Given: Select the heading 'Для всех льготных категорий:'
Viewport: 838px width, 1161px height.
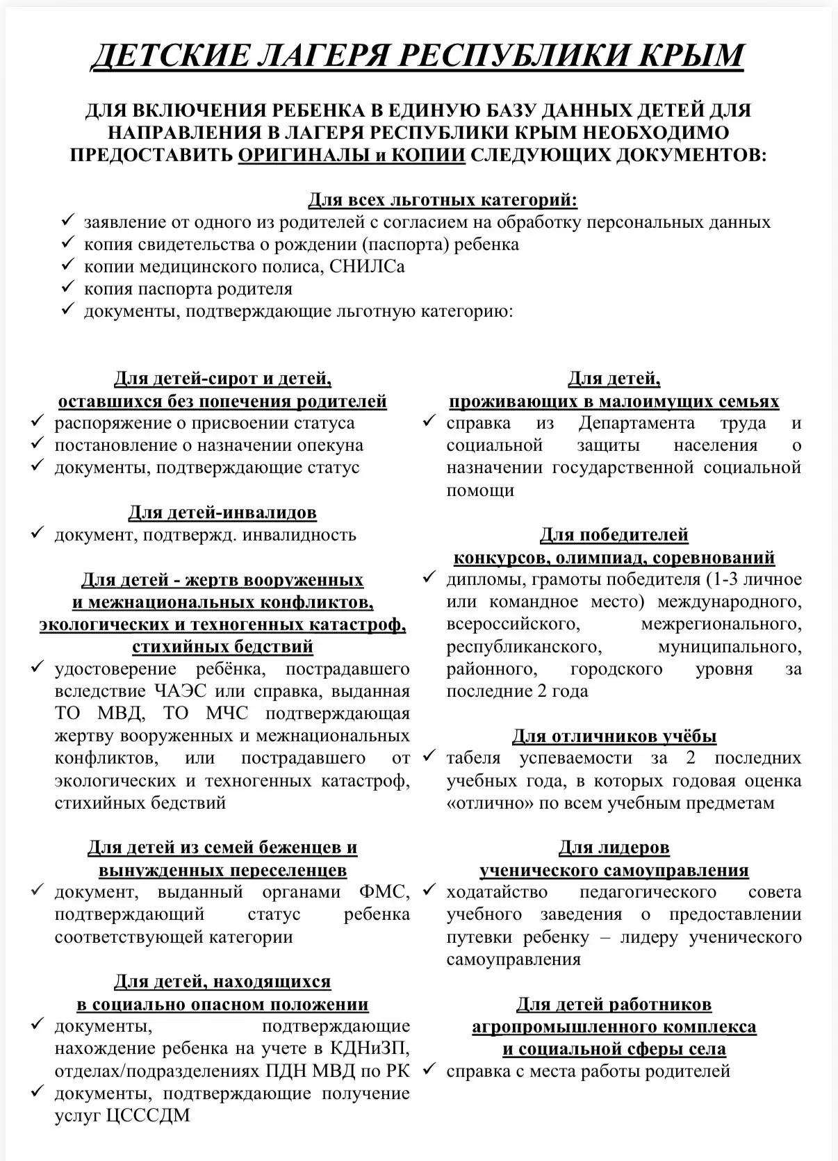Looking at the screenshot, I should click(443, 200).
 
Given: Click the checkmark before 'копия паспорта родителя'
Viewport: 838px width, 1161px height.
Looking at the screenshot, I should click(67, 287).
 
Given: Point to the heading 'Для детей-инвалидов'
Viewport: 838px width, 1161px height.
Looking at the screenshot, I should click(222, 512).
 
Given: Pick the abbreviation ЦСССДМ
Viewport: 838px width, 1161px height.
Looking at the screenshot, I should click(145, 1115).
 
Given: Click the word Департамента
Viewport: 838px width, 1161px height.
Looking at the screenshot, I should click(636, 423).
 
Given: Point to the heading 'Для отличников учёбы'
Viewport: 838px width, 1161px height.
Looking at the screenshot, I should click(614, 736).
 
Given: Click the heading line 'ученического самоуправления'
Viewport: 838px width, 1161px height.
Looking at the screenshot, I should click(614, 870).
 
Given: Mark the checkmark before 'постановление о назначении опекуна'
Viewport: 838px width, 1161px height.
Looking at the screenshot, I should click(38, 444).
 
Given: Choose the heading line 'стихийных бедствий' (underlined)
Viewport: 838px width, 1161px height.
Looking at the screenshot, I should click(222, 646).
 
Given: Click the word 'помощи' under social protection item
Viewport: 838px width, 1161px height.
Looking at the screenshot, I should click(480, 490).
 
